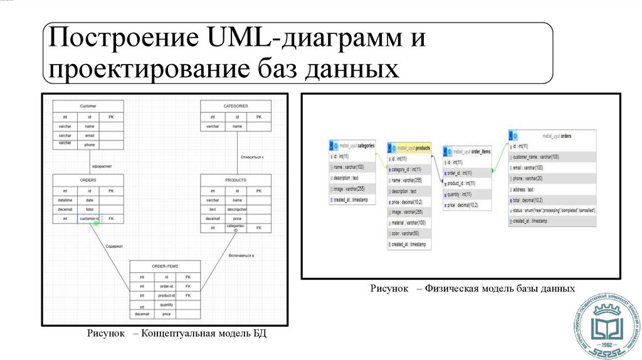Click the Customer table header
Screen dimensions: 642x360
pos(88,106)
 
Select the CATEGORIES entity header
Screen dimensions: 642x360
pos(236,106)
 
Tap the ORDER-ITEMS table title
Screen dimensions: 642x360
pos(166,266)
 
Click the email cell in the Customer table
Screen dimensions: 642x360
pos(90,135)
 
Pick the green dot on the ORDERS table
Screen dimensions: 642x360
pos(96,223)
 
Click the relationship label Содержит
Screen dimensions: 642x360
pos(113,246)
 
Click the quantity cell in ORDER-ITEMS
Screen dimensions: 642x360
pos(166,305)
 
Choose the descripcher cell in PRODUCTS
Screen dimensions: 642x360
pos(237,209)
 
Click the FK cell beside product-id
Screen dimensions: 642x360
pos(188,295)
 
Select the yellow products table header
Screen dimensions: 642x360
pos(410,148)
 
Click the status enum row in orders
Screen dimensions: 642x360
pos(552,210)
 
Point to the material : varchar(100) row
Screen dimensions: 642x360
pos(408,223)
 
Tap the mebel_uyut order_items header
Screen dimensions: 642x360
pos(467,152)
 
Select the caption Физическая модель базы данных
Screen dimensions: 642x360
pos(499,289)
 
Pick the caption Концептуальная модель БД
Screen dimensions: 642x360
pos(204,334)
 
